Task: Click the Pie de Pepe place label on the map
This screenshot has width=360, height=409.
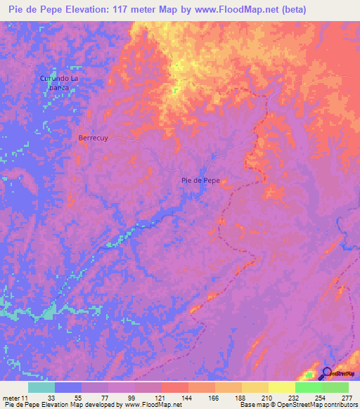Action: click(200, 181)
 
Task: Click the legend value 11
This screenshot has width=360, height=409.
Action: click(25, 398)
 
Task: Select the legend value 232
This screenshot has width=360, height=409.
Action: click(295, 398)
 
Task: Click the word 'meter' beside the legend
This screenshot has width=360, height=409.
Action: click(11, 398)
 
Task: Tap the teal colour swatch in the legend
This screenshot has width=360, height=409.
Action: click(41, 387)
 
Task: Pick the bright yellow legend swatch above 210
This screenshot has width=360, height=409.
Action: click(281, 387)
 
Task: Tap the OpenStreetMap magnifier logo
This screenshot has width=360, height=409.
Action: click(328, 373)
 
